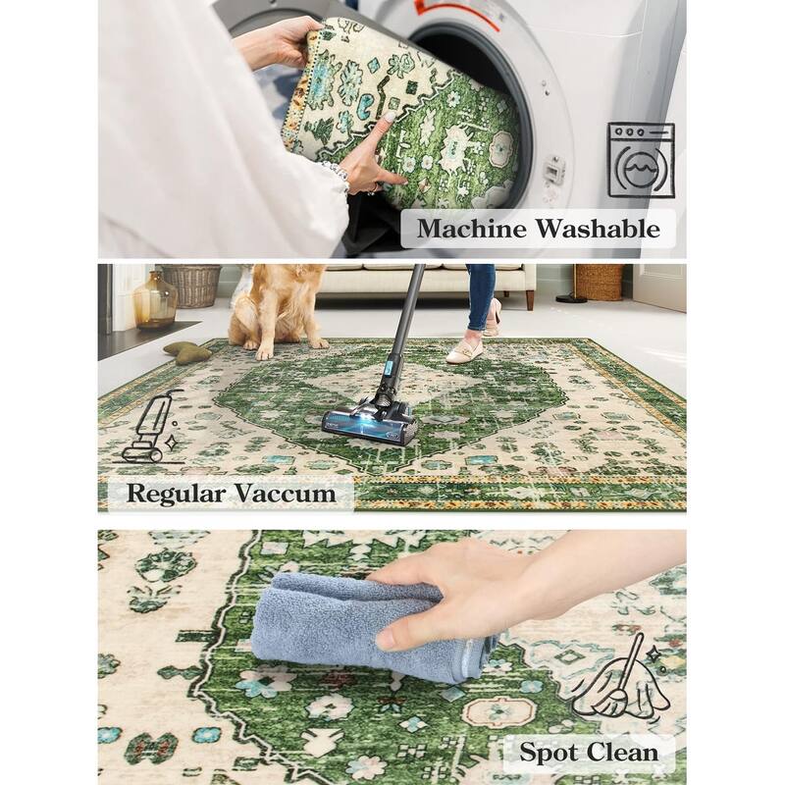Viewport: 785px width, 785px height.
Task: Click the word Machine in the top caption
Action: (x=472, y=229)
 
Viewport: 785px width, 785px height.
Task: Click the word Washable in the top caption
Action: (x=599, y=229)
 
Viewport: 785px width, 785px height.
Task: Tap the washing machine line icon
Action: (x=641, y=160)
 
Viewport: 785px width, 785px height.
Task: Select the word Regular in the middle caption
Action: (x=176, y=494)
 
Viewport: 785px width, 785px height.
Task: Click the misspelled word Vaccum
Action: (x=286, y=494)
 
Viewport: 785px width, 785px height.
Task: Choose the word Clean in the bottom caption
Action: (x=622, y=752)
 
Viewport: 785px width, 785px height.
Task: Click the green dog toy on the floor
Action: (x=187, y=352)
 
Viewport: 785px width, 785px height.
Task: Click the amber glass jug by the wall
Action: (x=155, y=300)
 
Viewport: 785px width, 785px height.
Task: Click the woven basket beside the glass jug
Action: (x=192, y=286)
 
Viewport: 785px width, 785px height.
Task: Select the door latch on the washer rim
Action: (x=553, y=169)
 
